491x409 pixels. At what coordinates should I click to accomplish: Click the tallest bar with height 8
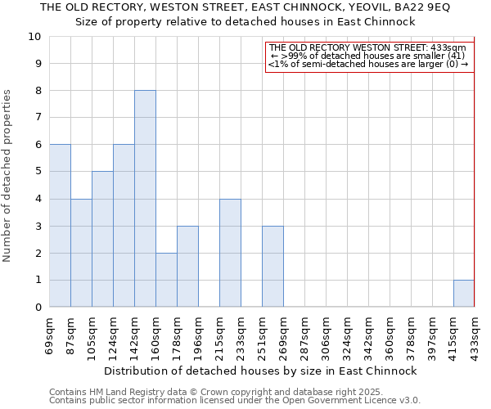pyautogui.click(x=145, y=199)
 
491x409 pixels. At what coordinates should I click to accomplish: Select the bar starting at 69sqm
pyautogui.click(x=60, y=226)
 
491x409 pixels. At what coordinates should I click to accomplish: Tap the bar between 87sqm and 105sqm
pyautogui.click(x=81, y=253)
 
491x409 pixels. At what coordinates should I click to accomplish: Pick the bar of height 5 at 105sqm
pyautogui.click(x=102, y=239)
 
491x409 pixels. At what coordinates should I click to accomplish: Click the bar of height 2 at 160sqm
pyautogui.click(x=166, y=280)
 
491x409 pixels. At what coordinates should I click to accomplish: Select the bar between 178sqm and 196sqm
pyautogui.click(x=187, y=267)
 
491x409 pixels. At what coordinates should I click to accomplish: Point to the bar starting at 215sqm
pyautogui.click(x=230, y=253)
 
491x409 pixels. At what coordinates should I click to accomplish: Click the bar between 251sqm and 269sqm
pyautogui.click(x=273, y=267)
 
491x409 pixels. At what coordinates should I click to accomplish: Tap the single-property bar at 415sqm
pyautogui.click(x=464, y=293)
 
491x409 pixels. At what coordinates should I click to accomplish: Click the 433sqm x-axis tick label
pyautogui.click(x=475, y=336)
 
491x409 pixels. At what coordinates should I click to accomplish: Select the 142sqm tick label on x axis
pyautogui.click(x=135, y=336)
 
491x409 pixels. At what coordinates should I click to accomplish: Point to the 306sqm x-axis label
pyautogui.click(x=327, y=336)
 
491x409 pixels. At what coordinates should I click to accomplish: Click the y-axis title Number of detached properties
pyautogui.click(x=8, y=176)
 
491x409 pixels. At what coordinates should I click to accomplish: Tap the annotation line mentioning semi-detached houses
pyautogui.click(x=368, y=63)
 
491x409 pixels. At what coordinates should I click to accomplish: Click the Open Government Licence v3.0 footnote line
pyautogui.click(x=234, y=401)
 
